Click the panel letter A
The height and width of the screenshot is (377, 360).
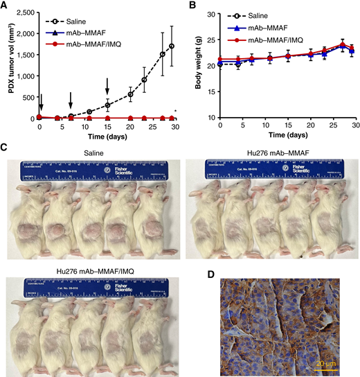coord(5,6)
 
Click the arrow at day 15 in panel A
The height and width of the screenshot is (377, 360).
coord(107,87)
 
